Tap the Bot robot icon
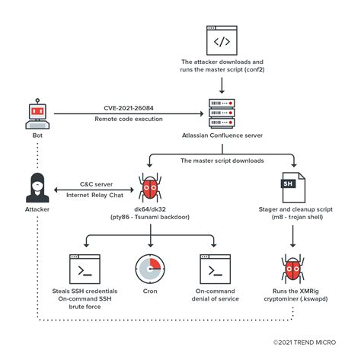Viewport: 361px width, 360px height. pos(37,113)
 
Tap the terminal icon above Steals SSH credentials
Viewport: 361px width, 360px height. pos(85,269)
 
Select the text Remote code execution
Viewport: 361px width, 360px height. pos(128,119)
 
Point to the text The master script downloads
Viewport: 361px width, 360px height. pos(222,161)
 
